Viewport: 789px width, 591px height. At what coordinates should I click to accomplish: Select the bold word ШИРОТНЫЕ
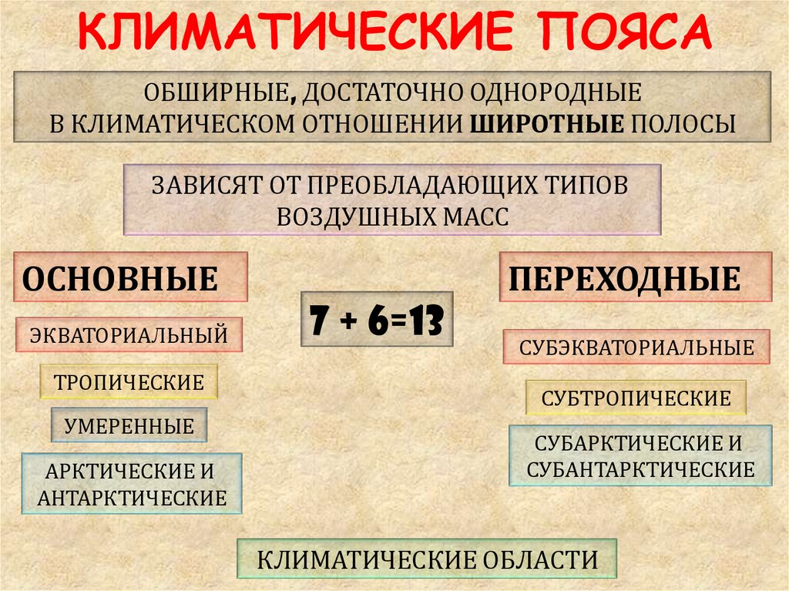click(546, 123)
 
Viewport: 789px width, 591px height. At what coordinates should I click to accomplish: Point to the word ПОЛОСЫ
click(684, 123)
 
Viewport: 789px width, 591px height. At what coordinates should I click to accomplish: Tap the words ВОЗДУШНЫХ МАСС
click(393, 216)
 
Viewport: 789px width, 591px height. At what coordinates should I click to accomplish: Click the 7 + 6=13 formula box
click(376, 318)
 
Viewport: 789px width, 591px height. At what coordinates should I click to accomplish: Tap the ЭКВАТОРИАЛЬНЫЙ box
click(129, 335)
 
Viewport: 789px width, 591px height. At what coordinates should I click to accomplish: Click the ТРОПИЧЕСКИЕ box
click(129, 381)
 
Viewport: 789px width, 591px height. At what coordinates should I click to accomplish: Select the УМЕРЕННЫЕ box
click(129, 425)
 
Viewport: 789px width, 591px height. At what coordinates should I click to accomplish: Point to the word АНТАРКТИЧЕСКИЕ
click(132, 498)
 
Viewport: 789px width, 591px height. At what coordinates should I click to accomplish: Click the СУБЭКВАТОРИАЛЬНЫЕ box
click(636, 347)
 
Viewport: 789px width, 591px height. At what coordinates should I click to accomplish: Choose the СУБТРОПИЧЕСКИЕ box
click(636, 398)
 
